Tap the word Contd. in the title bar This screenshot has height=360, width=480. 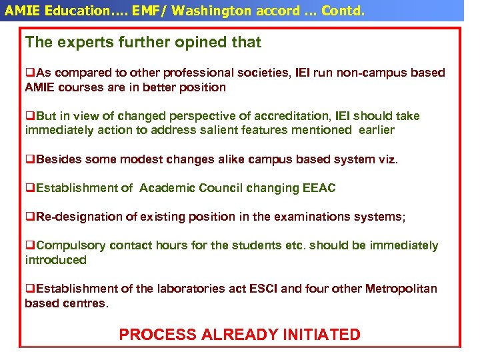(341, 11)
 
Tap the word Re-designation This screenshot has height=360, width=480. (74, 217)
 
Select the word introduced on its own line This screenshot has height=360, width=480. (55, 260)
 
